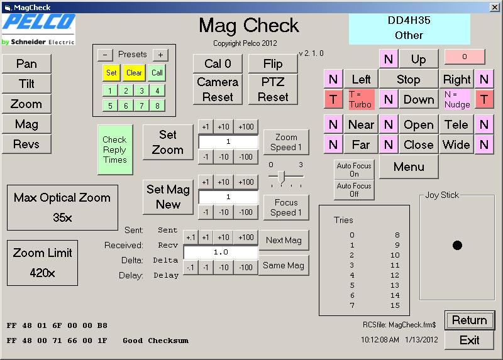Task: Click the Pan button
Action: coord(26,63)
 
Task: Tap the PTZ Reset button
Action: coord(273,89)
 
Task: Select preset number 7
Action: coord(141,106)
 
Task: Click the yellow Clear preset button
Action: coord(134,73)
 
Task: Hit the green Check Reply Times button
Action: coord(115,150)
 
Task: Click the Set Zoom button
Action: coord(168,142)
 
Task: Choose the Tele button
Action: coord(456,124)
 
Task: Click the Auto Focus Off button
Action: coord(354,190)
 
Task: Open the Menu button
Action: coord(409,166)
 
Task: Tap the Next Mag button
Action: coord(284,240)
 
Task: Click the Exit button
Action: coord(469,340)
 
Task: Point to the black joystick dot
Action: coord(457,245)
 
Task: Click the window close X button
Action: coord(495,7)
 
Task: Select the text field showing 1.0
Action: coord(221,253)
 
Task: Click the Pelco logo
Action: coord(38,29)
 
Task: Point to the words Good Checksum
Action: coord(155,341)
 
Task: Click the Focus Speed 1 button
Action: coord(286,207)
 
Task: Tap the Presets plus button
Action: coord(160,55)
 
